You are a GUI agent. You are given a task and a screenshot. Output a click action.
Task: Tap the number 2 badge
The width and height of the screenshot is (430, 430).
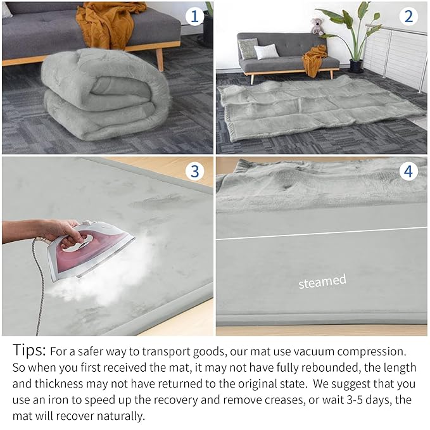[x=408, y=15]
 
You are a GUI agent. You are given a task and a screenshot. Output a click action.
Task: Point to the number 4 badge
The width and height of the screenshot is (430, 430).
[x=408, y=171]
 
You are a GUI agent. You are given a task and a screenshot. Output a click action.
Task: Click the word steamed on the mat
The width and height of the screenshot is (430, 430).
[x=322, y=281]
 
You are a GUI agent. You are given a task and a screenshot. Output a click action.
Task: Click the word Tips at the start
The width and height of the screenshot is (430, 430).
[x=28, y=350]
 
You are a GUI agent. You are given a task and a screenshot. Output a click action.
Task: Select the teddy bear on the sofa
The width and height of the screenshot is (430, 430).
[x=317, y=26]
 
